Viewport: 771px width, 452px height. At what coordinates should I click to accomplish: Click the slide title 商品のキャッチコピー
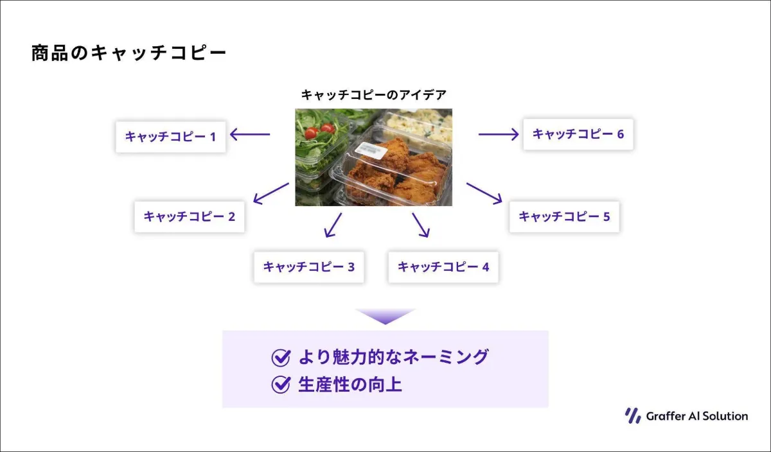(x=128, y=53)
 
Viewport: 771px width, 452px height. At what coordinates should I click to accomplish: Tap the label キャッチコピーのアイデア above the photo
(x=374, y=95)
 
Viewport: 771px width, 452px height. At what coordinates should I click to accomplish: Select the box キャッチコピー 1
(x=171, y=137)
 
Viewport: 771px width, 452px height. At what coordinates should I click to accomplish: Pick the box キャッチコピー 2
(x=190, y=217)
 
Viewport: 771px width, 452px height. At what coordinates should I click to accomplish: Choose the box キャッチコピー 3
(x=309, y=267)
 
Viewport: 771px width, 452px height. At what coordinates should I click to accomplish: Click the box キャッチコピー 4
(x=443, y=267)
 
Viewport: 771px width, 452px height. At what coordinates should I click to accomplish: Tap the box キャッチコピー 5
(x=565, y=217)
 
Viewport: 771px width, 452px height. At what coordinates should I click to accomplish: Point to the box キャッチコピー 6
(x=578, y=134)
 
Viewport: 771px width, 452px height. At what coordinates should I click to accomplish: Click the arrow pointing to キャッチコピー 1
(x=250, y=134)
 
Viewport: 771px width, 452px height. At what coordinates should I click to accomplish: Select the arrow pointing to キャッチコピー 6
(x=499, y=134)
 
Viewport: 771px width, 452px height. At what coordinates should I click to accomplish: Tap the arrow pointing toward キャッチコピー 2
(x=271, y=193)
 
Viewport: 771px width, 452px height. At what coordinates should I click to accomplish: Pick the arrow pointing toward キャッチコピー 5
(x=484, y=193)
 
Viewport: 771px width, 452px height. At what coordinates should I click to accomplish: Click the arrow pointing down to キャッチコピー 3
(x=333, y=225)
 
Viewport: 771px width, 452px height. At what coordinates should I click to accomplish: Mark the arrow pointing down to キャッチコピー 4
(x=421, y=225)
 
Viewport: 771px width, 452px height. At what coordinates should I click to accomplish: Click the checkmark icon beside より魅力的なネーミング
(x=281, y=358)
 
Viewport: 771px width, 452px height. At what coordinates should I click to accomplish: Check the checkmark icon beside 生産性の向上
(x=281, y=385)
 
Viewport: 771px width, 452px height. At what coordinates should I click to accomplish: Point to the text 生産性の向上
(x=350, y=385)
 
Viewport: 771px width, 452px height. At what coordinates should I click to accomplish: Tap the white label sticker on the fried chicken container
(x=371, y=151)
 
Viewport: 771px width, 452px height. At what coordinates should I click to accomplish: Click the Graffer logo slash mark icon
(x=633, y=416)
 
